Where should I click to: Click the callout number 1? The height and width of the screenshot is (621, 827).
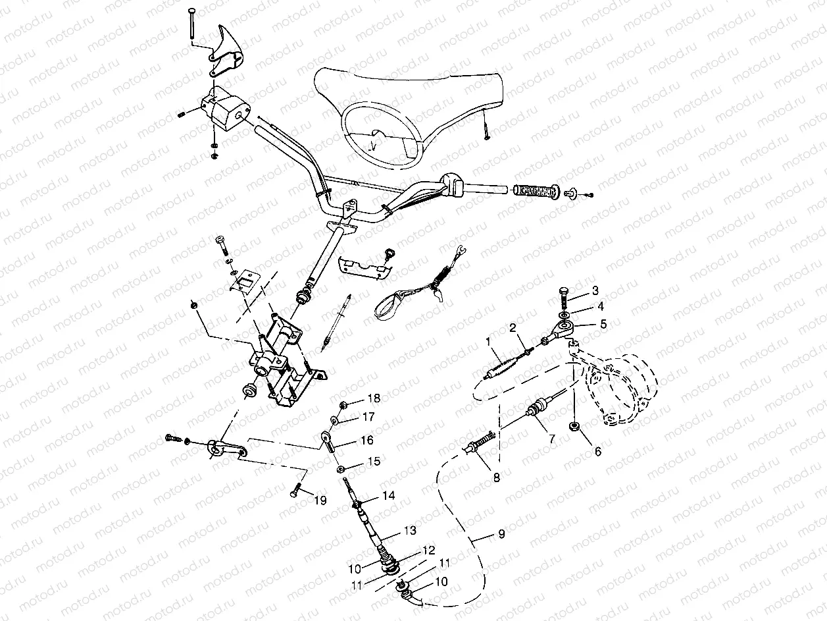click(488, 342)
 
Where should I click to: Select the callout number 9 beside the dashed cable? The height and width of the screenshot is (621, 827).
click(501, 534)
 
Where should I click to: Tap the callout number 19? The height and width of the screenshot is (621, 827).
click(319, 500)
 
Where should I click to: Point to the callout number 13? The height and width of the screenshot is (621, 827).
click(410, 531)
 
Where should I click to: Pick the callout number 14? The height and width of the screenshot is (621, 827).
click(389, 496)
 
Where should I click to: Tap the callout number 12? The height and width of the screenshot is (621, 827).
click(428, 549)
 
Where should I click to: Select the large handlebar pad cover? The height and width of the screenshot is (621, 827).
click(408, 105)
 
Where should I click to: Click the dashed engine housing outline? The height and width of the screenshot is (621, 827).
click(622, 389)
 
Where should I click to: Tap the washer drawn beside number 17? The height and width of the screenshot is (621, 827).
click(335, 419)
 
